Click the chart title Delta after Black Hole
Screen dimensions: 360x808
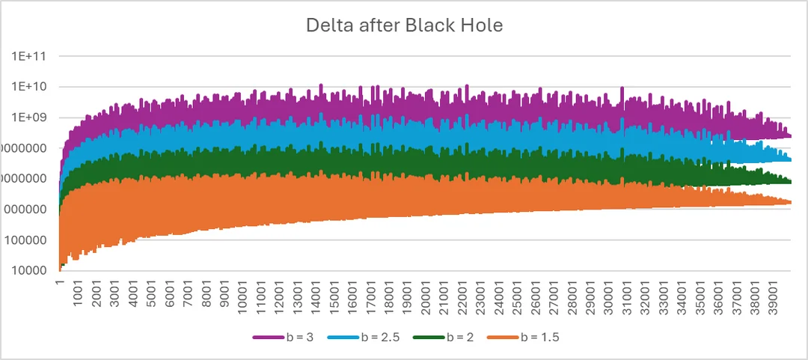(x=404, y=25)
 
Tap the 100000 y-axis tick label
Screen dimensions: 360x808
(x=30, y=240)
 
